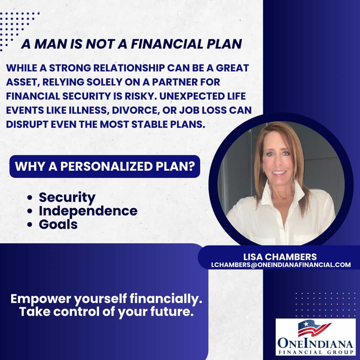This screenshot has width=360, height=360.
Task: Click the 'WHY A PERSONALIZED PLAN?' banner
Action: click(x=105, y=166)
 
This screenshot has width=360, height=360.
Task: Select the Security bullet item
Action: click(x=67, y=198)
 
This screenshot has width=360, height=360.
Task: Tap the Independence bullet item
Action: click(x=88, y=211)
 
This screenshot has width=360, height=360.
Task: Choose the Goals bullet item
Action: click(x=58, y=224)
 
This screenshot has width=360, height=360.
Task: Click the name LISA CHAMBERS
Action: click(x=280, y=257)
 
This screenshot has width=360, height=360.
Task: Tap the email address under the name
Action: click(x=281, y=265)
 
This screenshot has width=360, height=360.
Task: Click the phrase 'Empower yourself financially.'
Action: click(x=106, y=299)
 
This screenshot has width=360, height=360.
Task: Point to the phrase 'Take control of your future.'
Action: click(x=106, y=312)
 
